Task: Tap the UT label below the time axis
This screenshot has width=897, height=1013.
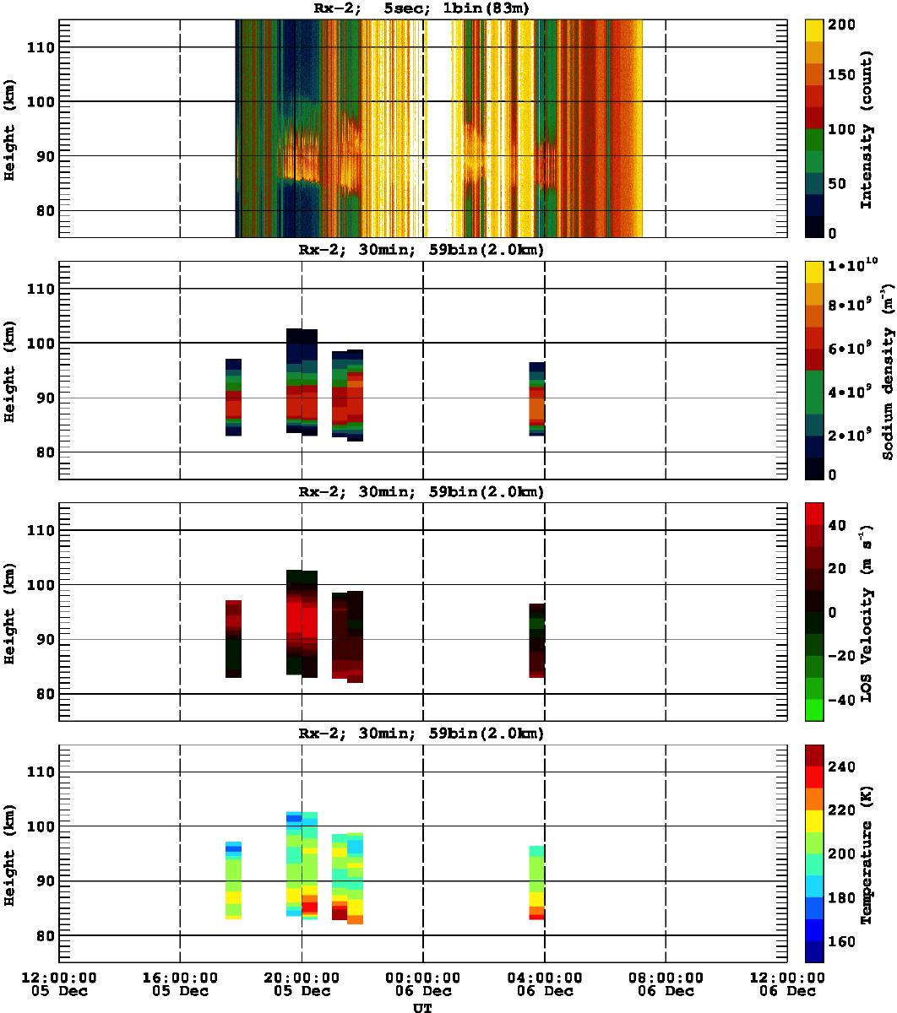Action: click(x=422, y=1007)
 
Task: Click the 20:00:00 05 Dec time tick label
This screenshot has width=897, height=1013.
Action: click(x=302, y=983)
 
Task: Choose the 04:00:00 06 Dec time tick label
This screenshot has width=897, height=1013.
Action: click(x=544, y=983)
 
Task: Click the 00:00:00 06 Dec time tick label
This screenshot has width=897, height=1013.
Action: click(x=422, y=983)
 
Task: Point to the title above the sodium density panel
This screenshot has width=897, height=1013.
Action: click(x=422, y=251)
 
